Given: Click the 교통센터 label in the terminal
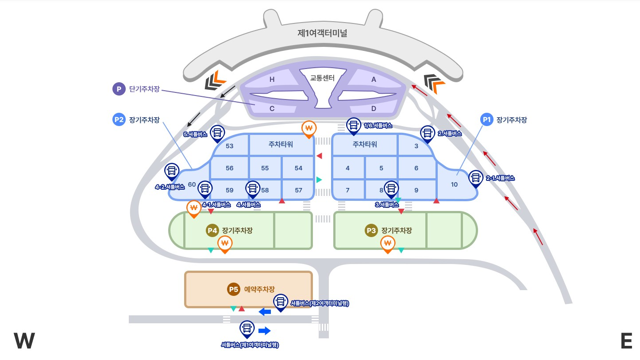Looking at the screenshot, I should click(322, 78).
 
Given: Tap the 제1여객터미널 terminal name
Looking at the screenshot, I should click(322, 33).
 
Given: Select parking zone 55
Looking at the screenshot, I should click(265, 168).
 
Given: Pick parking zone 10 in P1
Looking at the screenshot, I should click(454, 184).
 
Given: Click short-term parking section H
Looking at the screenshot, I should click(272, 80).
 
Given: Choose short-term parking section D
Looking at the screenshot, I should click(374, 108).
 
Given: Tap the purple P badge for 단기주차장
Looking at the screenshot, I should click(119, 89).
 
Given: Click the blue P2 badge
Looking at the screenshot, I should click(119, 119).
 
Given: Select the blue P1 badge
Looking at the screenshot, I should click(487, 119).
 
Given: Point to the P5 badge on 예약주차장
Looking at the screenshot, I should click(233, 289).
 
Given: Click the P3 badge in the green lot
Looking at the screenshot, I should click(371, 230).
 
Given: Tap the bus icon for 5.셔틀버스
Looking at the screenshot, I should click(217, 132).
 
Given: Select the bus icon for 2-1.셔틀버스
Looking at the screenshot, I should click(476, 178).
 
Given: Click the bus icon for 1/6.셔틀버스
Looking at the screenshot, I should click(354, 125).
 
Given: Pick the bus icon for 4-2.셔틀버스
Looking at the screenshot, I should click(171, 171).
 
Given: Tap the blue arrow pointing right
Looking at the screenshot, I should click(264, 331).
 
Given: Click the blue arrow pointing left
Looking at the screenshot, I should click(265, 312).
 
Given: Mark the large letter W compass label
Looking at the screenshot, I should click(24, 341).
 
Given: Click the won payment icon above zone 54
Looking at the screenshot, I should click(309, 129).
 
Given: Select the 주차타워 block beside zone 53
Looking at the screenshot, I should click(281, 145).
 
